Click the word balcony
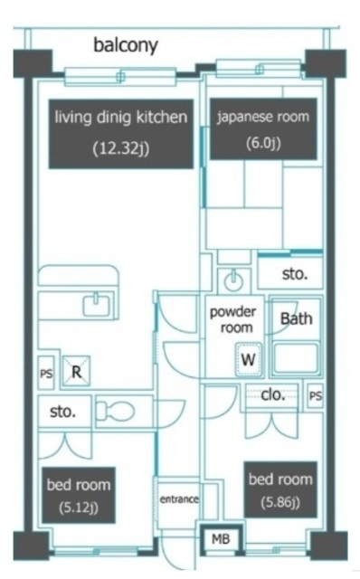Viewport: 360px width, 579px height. click(126, 46)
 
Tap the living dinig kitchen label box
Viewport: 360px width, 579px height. click(121, 134)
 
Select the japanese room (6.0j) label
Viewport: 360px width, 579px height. click(263, 128)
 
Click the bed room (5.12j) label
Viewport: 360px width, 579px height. click(79, 495)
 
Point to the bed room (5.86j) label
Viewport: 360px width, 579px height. click(280, 489)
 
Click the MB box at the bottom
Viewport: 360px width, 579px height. click(221, 539)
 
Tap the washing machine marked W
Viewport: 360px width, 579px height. click(249, 359)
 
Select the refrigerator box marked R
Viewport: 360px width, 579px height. click(76, 372)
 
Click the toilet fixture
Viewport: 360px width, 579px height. click(115, 411)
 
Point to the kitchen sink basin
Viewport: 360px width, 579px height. click(97, 305)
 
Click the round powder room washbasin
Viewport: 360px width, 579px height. click(233, 280)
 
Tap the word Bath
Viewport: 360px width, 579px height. click(296, 318)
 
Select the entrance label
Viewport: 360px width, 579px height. click(179, 499)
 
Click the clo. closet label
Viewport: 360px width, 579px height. click(273, 395)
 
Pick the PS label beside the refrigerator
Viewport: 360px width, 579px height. click(46, 374)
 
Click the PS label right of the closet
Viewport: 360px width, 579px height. click(316, 396)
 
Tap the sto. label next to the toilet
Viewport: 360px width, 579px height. click(62, 412)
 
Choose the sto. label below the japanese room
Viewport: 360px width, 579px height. click(295, 274)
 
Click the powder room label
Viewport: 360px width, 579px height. click(233, 319)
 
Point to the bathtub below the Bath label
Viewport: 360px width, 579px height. click(296, 358)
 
